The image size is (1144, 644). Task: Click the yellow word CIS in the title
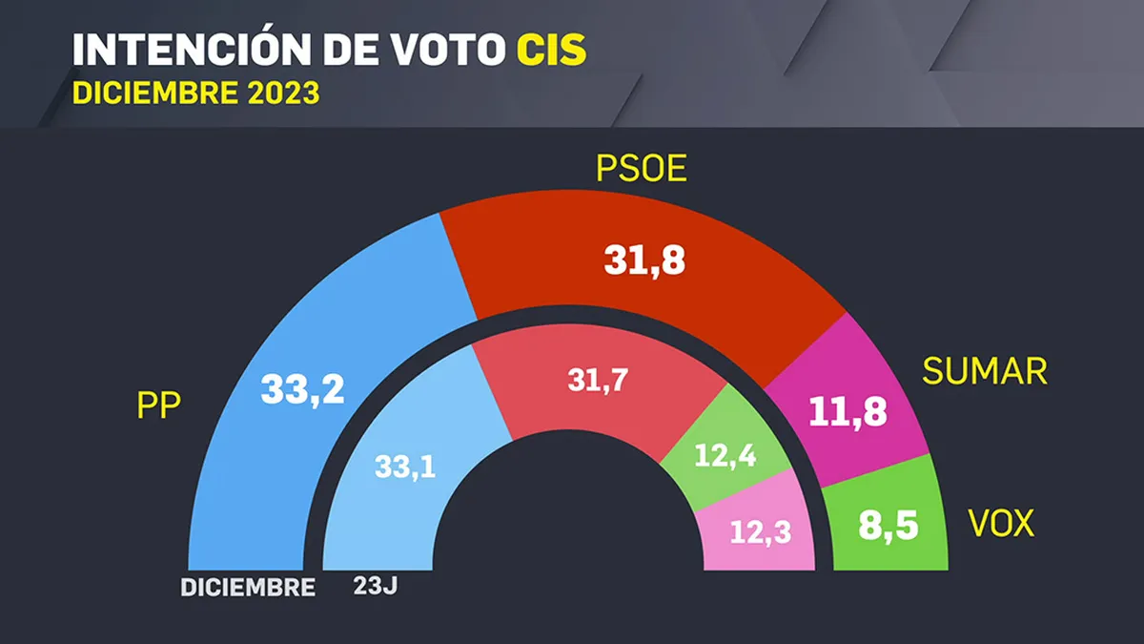(x=552, y=50)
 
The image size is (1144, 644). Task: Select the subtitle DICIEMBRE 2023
(x=196, y=93)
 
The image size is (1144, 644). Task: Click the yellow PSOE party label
(x=642, y=168)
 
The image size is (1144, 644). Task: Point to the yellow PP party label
(x=159, y=405)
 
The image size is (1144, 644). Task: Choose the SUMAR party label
(x=985, y=370)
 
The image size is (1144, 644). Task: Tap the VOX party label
(x=1001, y=523)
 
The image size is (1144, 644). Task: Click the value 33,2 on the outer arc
(x=303, y=390)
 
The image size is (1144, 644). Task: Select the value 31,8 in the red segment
(x=644, y=260)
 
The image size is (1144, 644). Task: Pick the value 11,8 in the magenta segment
(x=848, y=412)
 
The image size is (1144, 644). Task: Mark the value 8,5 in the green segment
(x=889, y=526)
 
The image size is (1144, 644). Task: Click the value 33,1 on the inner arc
(x=405, y=467)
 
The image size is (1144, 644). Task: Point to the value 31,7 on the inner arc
(x=598, y=382)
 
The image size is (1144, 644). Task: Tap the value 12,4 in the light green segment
(x=725, y=455)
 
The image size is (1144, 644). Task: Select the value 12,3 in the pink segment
(x=761, y=532)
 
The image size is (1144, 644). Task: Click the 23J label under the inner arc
(x=376, y=586)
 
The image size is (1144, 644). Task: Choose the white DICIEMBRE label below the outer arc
(x=248, y=588)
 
